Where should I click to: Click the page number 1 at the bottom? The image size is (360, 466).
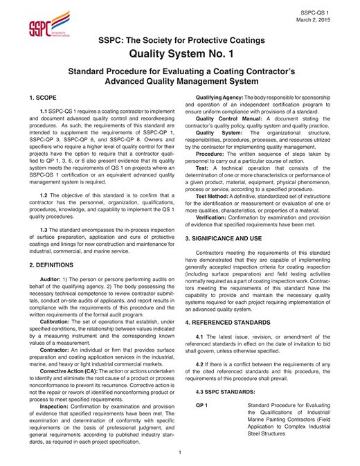pyautogui.click(x=180, y=454)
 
